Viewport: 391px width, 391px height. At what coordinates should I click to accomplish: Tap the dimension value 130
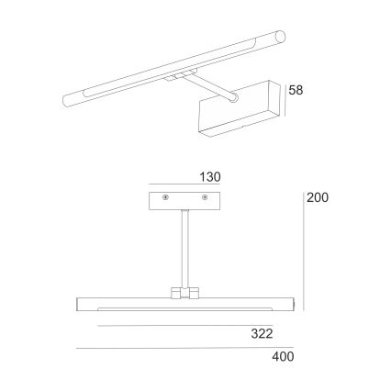pyautogui.click(x=210, y=176)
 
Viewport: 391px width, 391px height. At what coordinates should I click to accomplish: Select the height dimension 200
pyautogui.click(x=318, y=197)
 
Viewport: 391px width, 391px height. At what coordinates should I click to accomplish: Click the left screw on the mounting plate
pyautogui.click(x=165, y=198)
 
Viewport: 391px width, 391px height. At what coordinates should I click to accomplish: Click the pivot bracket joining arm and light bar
pyautogui.click(x=184, y=294)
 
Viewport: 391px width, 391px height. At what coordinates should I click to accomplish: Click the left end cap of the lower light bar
pyautogui.click(x=77, y=305)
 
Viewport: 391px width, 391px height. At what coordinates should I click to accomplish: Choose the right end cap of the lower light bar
pyautogui.click(x=291, y=305)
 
